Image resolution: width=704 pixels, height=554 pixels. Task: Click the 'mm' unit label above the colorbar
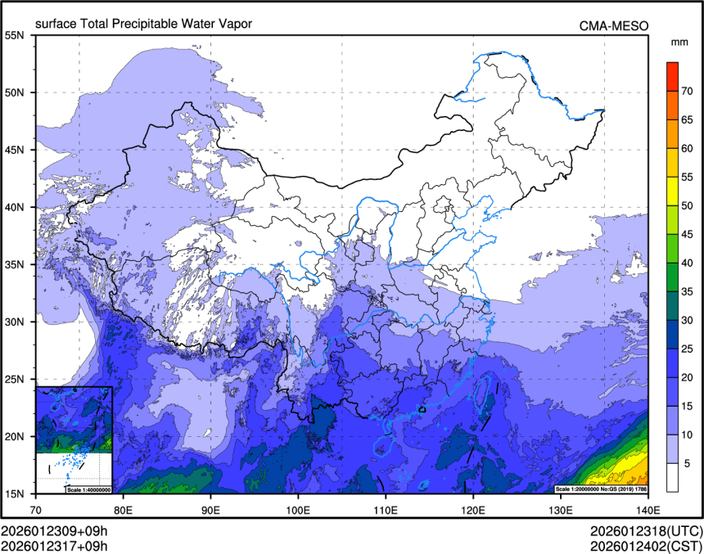point(679,42)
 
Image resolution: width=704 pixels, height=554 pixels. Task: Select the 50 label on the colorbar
point(688,205)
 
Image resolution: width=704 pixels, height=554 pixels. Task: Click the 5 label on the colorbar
point(688,463)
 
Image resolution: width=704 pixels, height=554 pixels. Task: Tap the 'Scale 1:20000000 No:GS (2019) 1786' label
point(601,489)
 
